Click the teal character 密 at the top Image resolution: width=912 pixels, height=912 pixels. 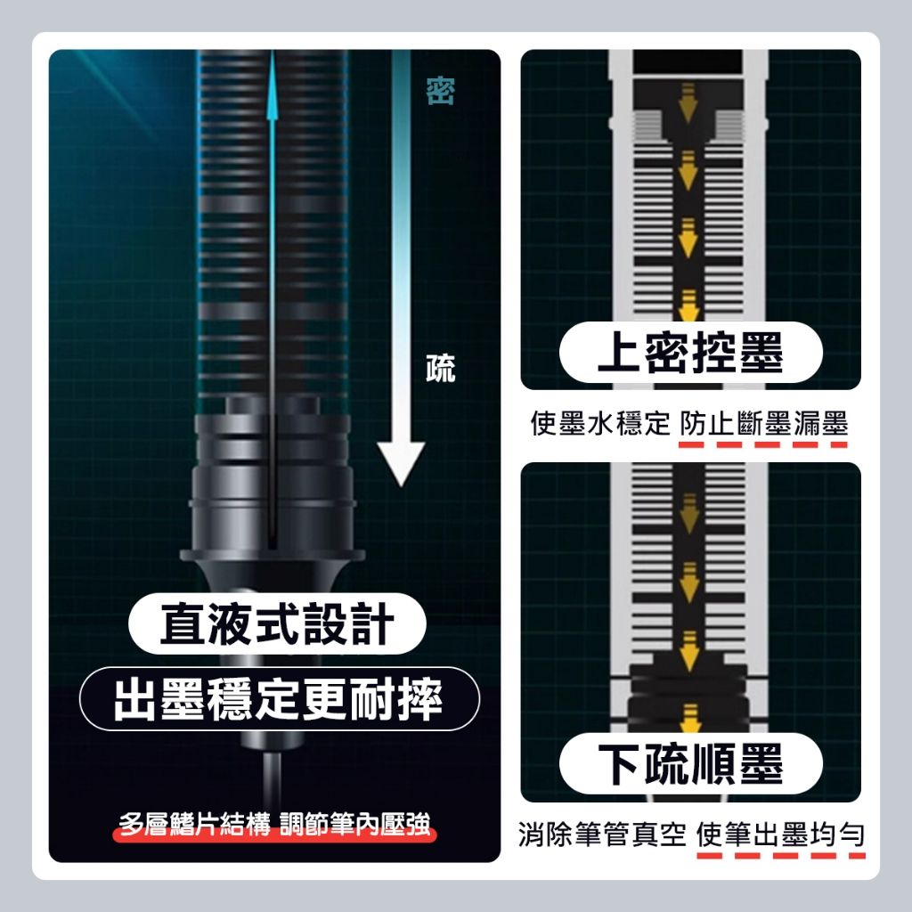[x=440, y=91]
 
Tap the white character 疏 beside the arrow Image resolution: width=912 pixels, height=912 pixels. [x=440, y=368]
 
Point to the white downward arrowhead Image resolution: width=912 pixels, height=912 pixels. [x=401, y=463]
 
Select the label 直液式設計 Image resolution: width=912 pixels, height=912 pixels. [x=277, y=623]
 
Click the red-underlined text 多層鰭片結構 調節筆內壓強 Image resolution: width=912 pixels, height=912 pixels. [x=274, y=824]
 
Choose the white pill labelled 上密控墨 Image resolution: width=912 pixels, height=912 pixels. [x=690, y=353]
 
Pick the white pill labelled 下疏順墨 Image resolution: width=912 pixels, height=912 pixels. [x=690, y=763]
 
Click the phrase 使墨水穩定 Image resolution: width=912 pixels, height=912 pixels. [x=600, y=423]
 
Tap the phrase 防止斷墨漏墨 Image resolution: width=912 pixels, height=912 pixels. [x=763, y=423]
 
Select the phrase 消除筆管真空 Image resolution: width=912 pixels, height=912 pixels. [x=602, y=834]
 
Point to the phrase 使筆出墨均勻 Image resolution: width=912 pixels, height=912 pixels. [x=780, y=834]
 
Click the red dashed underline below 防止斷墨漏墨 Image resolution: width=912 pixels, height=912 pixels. [x=763, y=445]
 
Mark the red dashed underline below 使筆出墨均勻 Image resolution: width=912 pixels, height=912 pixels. [x=780, y=856]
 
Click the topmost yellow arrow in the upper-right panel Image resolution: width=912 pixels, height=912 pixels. [x=688, y=102]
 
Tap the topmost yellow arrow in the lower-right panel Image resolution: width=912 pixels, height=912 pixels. [x=689, y=514]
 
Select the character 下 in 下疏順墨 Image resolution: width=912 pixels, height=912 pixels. [x=620, y=763]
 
